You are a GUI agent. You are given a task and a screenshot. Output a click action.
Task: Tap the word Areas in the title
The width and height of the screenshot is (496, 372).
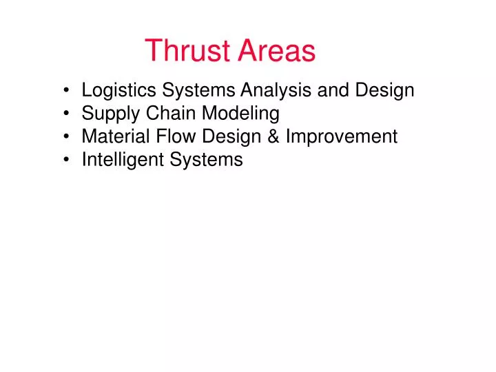pos(277,51)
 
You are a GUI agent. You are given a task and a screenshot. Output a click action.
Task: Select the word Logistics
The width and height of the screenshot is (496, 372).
pos(118,90)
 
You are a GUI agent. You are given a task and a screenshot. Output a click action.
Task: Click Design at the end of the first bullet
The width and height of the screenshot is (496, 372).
pos(384,90)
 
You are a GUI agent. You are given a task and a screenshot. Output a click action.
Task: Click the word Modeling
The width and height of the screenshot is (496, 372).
pos(240,114)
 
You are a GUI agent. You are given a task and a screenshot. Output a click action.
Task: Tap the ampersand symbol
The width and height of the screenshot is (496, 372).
pos(273,136)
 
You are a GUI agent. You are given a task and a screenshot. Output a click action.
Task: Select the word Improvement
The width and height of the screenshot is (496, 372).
pos(342,136)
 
